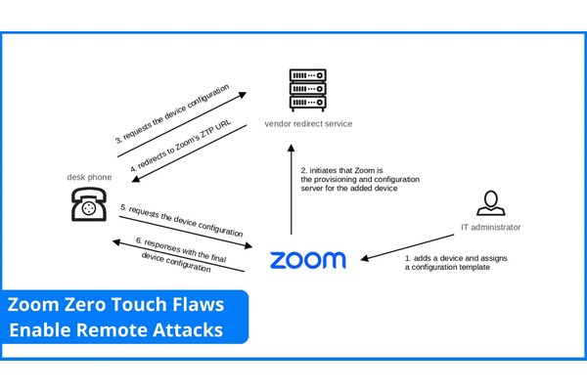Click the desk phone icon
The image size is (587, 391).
click(87, 206)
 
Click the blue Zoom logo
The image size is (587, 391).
click(307, 259)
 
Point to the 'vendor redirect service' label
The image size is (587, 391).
click(308, 124)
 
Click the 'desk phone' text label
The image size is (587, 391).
click(89, 177)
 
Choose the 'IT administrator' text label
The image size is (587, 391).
click(490, 228)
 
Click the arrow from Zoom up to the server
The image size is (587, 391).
click(291, 191)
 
